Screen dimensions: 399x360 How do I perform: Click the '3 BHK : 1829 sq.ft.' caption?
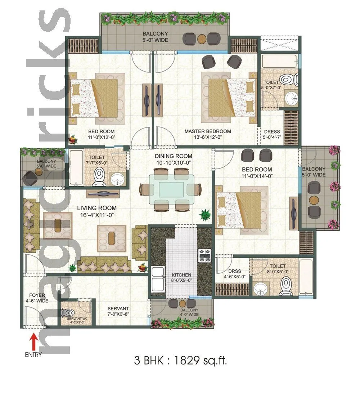(x=180, y=361)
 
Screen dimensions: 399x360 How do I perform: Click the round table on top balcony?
(x=202, y=38)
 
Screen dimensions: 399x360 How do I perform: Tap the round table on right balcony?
(x=315, y=200)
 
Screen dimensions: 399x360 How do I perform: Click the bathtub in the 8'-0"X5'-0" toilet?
(x=306, y=275)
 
